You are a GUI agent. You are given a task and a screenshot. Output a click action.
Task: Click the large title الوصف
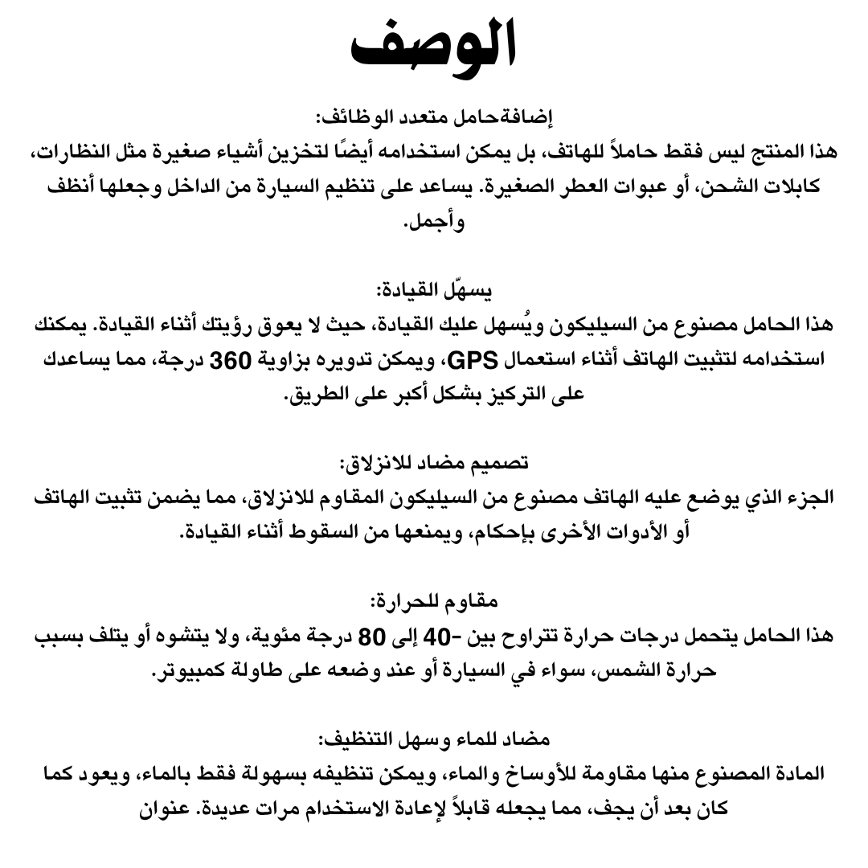(434, 50)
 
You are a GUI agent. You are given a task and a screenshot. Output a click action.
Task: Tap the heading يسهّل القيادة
(434, 289)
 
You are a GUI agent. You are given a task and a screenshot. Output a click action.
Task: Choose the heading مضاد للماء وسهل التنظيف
(434, 739)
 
